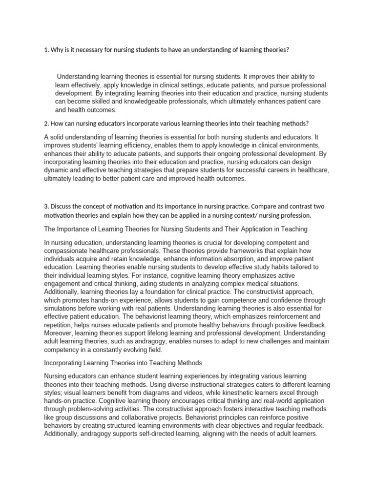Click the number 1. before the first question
[x=46, y=50]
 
